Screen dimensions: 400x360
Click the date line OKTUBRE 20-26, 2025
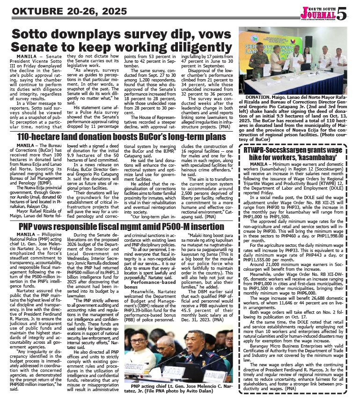coord(64,11)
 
